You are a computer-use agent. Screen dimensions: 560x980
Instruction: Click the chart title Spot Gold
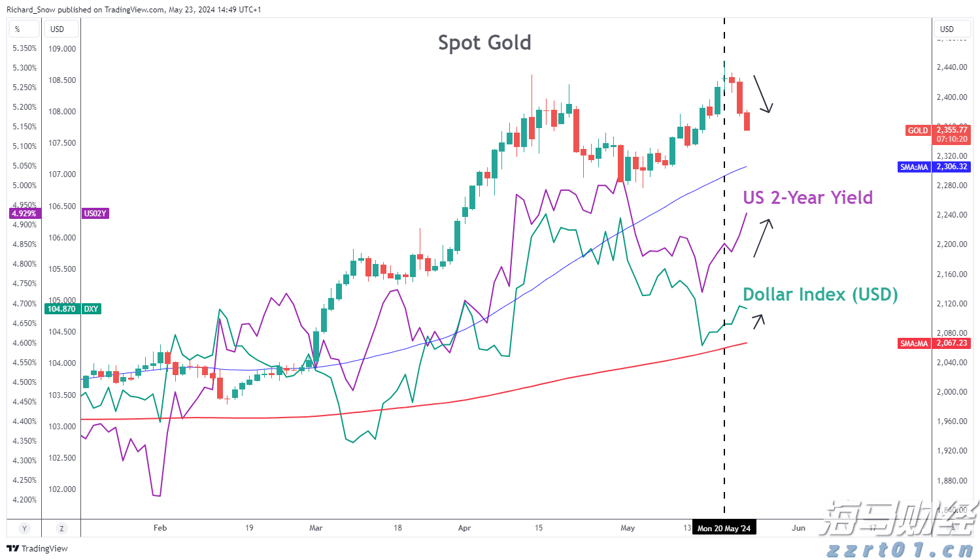pos(484,43)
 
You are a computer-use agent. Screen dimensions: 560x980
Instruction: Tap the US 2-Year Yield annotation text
pos(807,198)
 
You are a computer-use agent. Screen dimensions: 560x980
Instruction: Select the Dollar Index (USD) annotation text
pos(820,295)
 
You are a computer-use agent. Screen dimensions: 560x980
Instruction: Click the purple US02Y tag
pos(95,214)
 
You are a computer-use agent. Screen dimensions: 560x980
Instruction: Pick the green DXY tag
pos(91,309)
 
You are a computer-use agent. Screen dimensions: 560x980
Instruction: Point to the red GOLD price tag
pos(917,131)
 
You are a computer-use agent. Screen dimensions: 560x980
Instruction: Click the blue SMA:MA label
pos(914,167)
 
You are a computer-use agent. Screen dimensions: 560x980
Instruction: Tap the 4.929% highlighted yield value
pos(24,214)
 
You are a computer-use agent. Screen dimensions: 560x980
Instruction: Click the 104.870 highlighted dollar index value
pos(61,309)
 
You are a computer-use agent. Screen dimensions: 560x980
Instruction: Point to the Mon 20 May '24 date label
pos(724,528)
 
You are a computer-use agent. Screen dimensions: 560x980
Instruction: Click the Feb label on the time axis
pos(160,528)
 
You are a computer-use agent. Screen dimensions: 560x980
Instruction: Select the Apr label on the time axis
pos(465,528)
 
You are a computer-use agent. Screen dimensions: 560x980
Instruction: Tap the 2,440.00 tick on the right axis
pos(951,67)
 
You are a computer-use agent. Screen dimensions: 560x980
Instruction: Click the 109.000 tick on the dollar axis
pos(62,49)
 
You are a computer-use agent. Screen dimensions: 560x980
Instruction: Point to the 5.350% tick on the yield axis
pos(25,48)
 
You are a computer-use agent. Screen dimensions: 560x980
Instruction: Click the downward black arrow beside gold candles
pos(763,94)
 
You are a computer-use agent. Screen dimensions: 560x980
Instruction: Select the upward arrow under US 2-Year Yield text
pos(763,238)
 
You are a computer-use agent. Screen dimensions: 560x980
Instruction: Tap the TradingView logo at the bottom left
pos(37,548)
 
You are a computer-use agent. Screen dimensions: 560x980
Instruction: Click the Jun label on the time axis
pos(798,528)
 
